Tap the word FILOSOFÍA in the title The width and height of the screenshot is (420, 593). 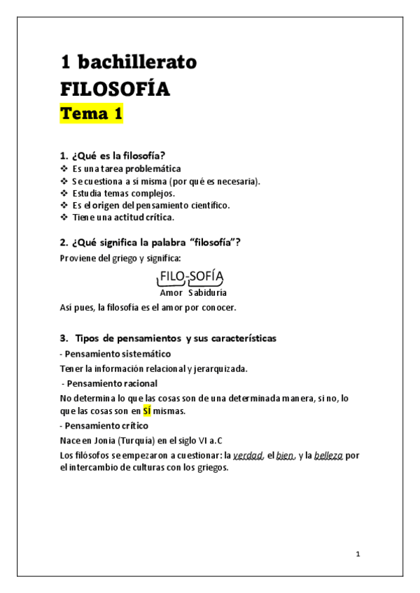point(115,90)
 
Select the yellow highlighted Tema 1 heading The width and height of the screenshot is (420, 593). point(91,114)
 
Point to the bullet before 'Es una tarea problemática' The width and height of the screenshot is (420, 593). point(65,169)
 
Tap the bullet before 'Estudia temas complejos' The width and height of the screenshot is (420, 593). point(65,193)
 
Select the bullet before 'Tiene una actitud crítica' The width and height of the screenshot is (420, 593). point(65,217)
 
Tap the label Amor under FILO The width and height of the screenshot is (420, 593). point(171,292)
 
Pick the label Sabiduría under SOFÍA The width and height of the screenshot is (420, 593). point(207,292)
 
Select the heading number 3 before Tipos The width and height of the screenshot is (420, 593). point(63,338)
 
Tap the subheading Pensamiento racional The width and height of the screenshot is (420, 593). point(112,383)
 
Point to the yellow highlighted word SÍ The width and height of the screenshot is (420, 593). point(147,410)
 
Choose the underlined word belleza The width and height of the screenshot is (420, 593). point(328,456)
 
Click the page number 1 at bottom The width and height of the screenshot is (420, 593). point(358,555)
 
